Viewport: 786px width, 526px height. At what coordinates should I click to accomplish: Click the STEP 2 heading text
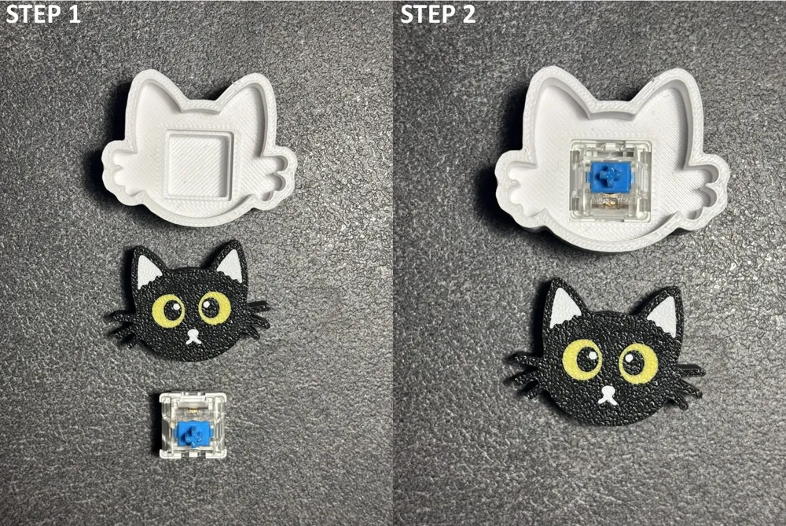tap(438, 13)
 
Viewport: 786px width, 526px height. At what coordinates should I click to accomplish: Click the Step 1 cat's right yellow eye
tap(215, 307)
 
